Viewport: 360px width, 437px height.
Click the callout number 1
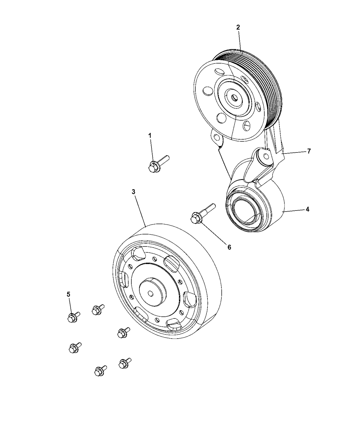(150, 136)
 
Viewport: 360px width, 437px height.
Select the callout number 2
(238, 27)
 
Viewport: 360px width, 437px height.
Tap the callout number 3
(134, 192)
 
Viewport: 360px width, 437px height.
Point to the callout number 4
(308, 209)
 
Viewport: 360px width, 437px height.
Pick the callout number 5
(69, 294)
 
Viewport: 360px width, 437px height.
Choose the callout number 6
(229, 247)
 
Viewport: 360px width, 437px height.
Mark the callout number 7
(309, 151)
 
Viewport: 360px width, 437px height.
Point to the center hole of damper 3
(150, 293)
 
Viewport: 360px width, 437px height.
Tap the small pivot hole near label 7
(266, 156)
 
